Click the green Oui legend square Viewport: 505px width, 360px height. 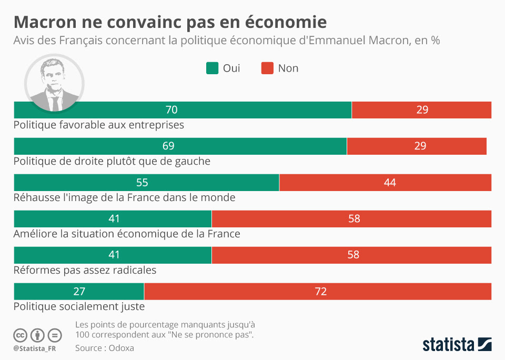(x=213, y=68)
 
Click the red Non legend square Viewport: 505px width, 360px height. (x=267, y=68)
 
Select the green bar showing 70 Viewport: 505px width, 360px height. (x=183, y=110)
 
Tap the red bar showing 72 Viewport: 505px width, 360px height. (x=318, y=291)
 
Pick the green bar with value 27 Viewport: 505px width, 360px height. (x=79, y=291)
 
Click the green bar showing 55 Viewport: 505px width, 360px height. (x=146, y=183)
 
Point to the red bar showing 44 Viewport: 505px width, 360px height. (x=385, y=183)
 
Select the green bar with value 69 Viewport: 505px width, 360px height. (x=180, y=146)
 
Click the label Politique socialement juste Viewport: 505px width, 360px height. (x=79, y=306)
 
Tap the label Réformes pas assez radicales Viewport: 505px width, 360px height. (x=85, y=270)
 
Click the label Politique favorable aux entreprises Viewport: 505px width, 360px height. (x=98, y=125)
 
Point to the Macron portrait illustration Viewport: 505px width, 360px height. (x=54, y=83)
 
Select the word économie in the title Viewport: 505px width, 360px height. (x=283, y=22)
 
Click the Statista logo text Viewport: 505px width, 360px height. (x=448, y=345)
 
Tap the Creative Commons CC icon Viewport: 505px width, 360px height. (x=20, y=335)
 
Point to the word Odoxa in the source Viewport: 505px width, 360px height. (x=122, y=348)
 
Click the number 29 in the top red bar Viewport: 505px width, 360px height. (x=422, y=110)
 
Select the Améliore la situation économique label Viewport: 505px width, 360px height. (x=127, y=234)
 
